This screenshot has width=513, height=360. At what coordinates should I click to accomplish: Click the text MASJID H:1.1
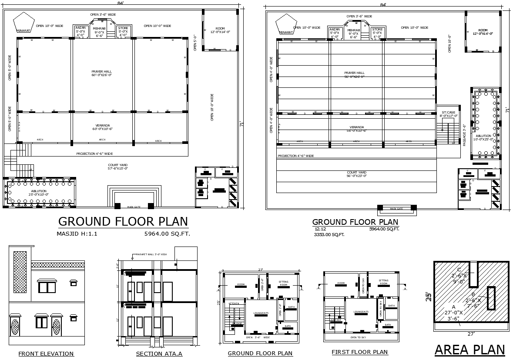(x=77, y=234)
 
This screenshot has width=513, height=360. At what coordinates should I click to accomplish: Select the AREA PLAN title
(x=469, y=350)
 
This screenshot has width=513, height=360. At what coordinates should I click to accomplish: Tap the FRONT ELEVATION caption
(x=46, y=354)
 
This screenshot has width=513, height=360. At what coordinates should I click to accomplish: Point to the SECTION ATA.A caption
(x=159, y=354)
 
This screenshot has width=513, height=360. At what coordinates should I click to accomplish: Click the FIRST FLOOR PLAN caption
(x=359, y=352)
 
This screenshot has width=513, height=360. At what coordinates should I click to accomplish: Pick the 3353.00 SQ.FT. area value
(x=329, y=235)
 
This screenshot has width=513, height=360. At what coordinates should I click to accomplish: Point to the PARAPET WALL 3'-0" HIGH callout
(x=152, y=254)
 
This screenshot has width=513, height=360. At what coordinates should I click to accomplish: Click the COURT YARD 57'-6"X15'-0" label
(x=118, y=167)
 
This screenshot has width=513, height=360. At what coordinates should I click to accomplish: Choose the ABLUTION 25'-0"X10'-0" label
(x=39, y=193)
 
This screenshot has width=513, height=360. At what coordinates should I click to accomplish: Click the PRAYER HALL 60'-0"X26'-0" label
(x=101, y=73)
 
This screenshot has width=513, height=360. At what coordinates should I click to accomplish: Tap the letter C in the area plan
(x=459, y=270)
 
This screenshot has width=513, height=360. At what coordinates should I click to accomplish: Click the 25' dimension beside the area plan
(x=429, y=297)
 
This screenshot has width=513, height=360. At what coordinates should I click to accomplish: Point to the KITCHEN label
(x=234, y=303)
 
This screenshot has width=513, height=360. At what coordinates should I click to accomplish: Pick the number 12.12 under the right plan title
(x=320, y=229)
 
